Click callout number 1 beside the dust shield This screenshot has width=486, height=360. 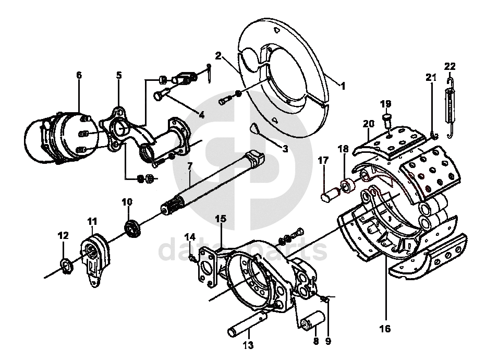pos(343,86)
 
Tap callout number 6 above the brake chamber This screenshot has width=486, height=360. pos(79,75)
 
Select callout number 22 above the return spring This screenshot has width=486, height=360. pos(449,66)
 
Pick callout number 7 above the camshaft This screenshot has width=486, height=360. pos(190,166)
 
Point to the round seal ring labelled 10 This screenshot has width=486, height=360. pos(133,228)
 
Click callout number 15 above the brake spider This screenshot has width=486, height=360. pos(221,219)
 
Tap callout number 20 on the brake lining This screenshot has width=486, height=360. pos(369,124)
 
